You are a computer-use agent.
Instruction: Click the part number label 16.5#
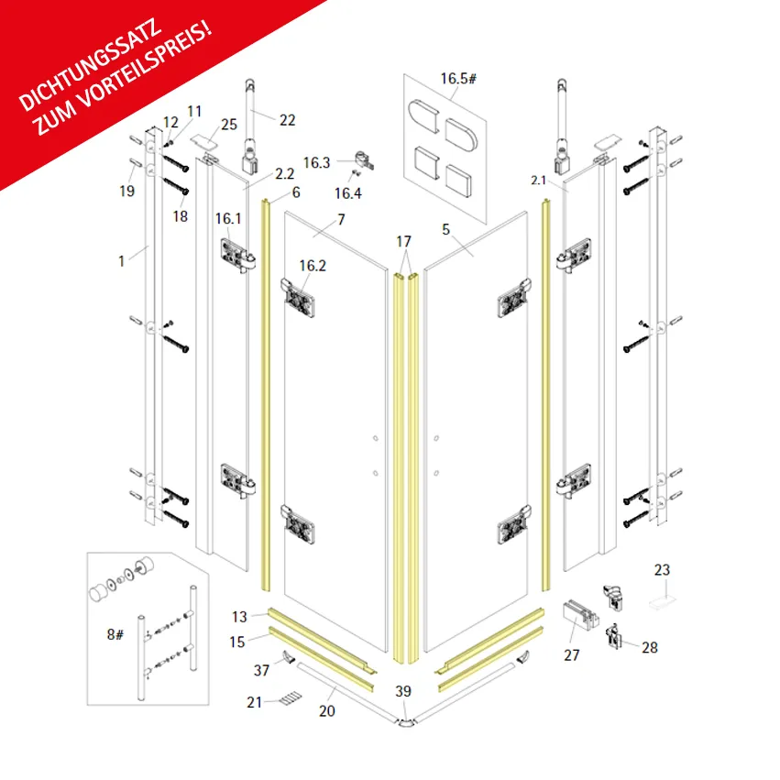tap(458, 79)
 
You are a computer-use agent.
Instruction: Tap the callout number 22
tap(288, 119)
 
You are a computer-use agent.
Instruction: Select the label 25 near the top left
tap(228, 124)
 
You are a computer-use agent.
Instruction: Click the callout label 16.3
tap(316, 162)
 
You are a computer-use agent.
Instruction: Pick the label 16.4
tap(347, 193)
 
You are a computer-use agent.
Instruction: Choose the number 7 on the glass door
tap(341, 220)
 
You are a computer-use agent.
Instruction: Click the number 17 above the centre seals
tap(404, 241)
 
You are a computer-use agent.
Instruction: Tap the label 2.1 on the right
tap(538, 181)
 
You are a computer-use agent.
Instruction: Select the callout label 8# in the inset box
tap(115, 634)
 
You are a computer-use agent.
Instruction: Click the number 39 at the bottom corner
tap(403, 690)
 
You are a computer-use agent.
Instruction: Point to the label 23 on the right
tap(662, 569)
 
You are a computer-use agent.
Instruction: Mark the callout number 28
tap(649, 647)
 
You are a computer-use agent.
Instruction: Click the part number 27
tap(573, 654)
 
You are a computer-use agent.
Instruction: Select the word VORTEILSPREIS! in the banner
tap(151, 69)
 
